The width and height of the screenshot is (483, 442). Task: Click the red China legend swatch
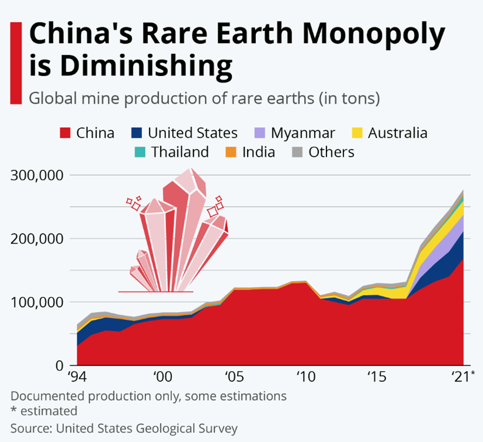65,133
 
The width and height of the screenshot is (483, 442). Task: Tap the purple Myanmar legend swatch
260,133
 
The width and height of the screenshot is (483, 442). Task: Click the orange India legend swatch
231,152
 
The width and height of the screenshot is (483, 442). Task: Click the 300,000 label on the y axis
36,175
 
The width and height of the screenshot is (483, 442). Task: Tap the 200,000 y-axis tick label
36,239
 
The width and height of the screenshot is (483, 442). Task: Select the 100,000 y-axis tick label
36,302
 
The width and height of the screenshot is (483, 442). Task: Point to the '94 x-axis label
78,377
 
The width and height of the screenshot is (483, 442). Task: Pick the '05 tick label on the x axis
234,377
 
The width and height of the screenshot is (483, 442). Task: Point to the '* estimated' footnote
44,411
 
